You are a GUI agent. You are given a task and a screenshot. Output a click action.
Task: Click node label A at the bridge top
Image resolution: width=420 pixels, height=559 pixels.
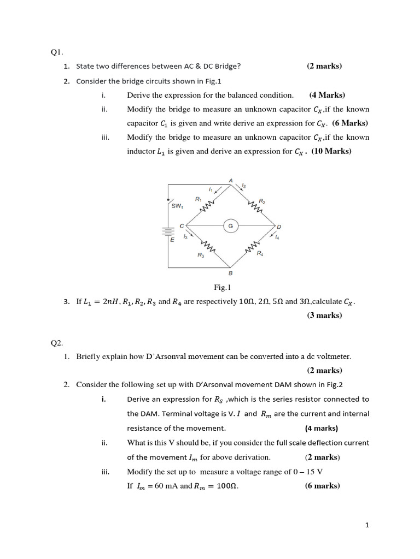(x=230, y=181)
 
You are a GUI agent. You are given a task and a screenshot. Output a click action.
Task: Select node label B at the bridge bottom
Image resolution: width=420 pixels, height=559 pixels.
(x=230, y=273)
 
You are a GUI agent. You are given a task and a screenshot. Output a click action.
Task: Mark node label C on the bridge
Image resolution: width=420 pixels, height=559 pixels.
(x=182, y=225)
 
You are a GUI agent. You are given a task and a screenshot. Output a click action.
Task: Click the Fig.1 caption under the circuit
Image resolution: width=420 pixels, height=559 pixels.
(x=223, y=287)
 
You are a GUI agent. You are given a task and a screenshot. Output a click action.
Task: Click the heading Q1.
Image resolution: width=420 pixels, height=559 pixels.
(x=57, y=52)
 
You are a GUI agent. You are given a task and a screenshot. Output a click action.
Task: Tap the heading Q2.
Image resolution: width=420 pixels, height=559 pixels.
(x=57, y=343)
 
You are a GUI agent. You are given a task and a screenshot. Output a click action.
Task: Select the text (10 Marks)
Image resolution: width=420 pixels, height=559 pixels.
(x=331, y=151)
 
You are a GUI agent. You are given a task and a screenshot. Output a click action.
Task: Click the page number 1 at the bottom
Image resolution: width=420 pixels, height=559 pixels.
(x=367, y=525)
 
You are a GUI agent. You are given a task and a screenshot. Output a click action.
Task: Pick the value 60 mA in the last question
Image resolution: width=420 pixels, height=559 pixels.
(x=161, y=485)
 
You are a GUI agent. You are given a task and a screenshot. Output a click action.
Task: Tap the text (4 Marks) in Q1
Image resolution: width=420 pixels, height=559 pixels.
(x=327, y=94)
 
